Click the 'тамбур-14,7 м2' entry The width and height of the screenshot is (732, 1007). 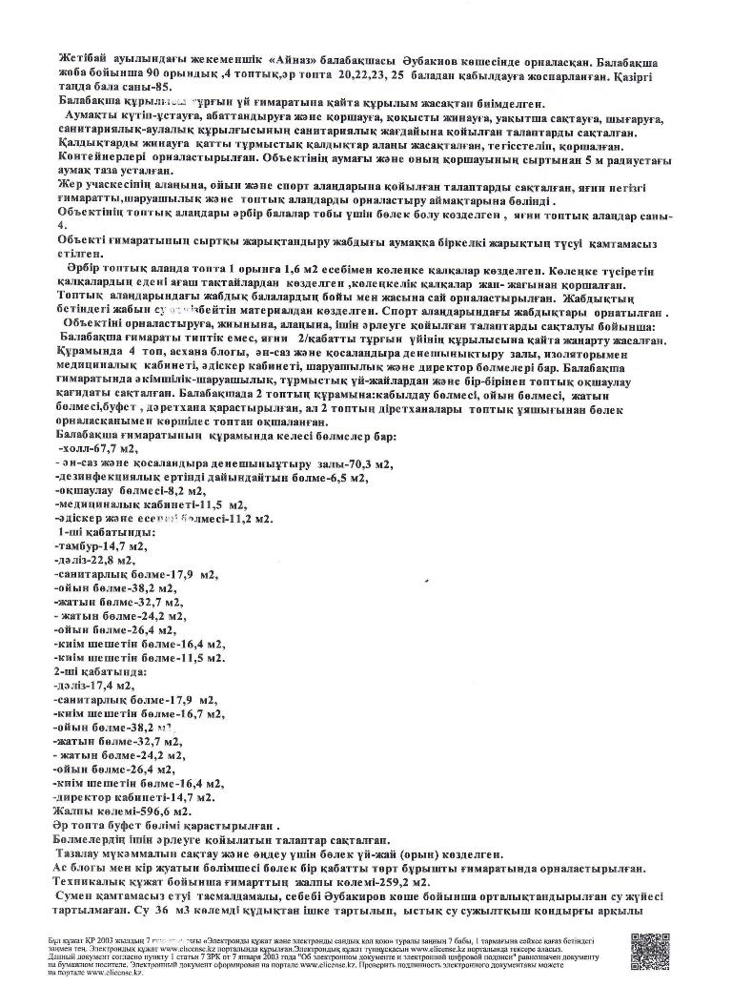[x=101, y=546]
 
